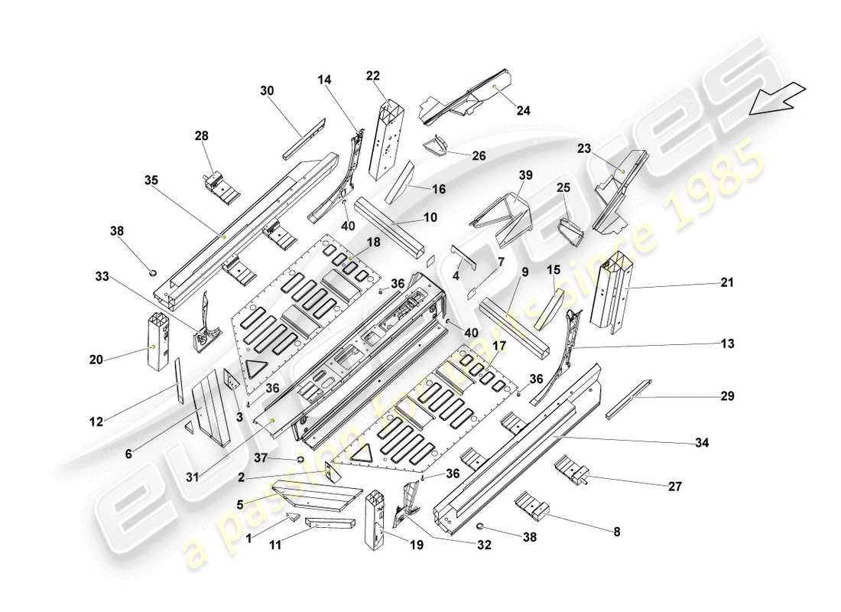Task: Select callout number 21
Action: click(x=726, y=282)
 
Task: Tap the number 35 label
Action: click(x=151, y=181)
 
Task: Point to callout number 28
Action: click(x=201, y=135)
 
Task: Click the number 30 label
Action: click(x=267, y=90)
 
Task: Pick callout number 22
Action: click(x=372, y=75)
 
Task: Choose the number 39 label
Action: click(x=524, y=176)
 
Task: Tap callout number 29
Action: click(x=726, y=396)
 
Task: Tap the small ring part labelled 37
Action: click(x=300, y=460)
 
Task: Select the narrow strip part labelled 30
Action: click(x=304, y=139)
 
